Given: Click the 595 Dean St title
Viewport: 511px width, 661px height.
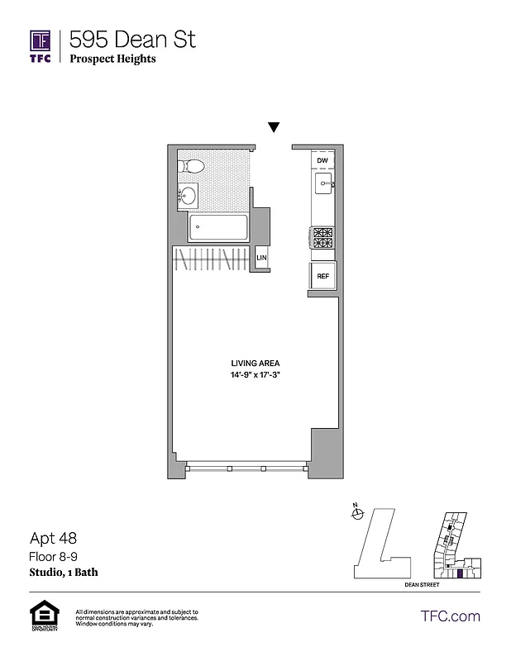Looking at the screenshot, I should [132, 39].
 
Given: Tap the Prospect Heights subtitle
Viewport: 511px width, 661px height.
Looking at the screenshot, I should [112, 59].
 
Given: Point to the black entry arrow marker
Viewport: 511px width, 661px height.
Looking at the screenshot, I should [274, 127].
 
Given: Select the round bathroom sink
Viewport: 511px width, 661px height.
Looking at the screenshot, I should [189, 196].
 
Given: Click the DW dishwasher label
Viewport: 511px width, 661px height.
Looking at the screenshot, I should [322, 160].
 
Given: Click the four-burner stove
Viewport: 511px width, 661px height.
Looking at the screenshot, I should [322, 237].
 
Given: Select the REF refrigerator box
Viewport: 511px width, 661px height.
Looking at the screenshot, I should [322, 277].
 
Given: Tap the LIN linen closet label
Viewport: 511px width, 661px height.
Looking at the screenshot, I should [261, 259].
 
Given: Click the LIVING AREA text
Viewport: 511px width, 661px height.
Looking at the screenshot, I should [255, 363].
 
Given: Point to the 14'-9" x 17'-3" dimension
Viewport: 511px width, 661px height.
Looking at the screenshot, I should [255, 375].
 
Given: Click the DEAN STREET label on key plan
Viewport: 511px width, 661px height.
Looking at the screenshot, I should [422, 584].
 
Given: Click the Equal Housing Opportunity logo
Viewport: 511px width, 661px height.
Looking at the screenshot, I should [41, 616].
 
